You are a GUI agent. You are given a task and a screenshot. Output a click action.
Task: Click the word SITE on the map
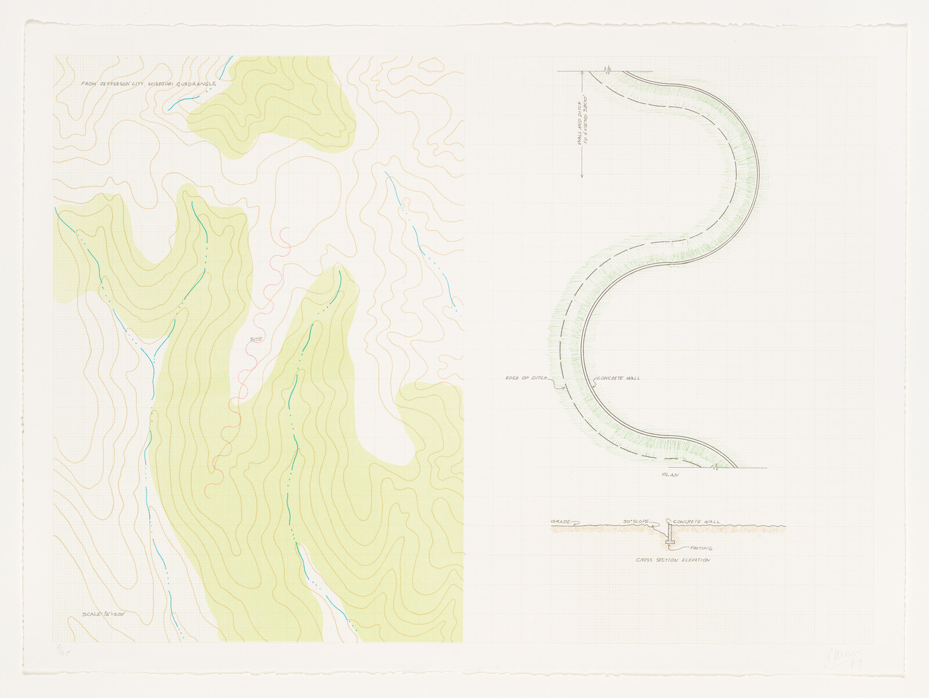[257, 339]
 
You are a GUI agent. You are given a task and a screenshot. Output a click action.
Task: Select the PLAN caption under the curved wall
[670, 475]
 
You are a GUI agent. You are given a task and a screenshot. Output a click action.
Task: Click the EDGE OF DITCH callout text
[526, 378]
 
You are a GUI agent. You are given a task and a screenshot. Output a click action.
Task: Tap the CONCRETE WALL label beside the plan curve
[619, 378]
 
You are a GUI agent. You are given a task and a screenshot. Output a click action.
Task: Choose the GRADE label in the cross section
[561, 522]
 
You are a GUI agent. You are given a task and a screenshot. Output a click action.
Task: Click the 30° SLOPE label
[636, 522]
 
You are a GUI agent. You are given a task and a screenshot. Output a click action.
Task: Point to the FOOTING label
[701, 548]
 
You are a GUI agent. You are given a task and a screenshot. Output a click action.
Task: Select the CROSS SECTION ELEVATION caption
[672, 560]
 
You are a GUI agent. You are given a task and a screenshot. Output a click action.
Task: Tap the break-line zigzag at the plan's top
[607, 71]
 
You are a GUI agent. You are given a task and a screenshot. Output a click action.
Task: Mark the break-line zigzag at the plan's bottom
[715, 467]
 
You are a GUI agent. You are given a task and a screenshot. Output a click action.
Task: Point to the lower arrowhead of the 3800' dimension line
[582, 176]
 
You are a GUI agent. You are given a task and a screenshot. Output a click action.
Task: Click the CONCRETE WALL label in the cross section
[696, 522]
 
